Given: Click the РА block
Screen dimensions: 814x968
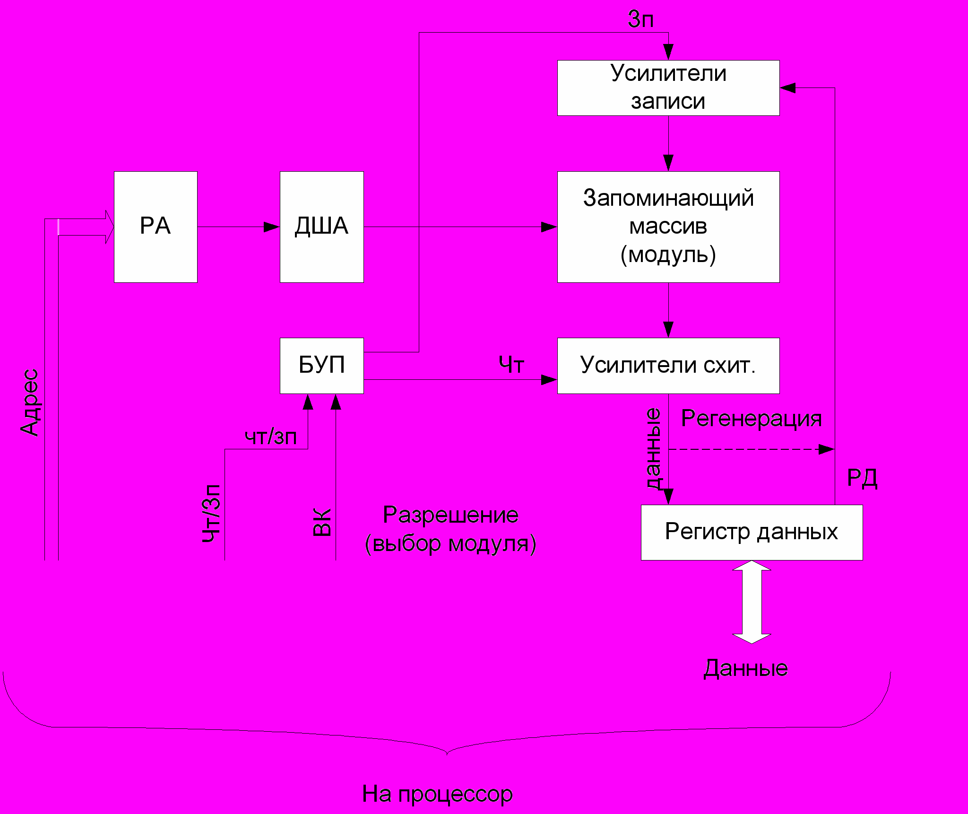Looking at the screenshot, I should tap(156, 227).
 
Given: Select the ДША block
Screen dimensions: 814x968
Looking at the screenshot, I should tap(321, 227).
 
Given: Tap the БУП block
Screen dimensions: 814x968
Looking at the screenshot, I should tap(321, 365).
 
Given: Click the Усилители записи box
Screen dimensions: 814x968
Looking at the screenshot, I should tap(668, 88).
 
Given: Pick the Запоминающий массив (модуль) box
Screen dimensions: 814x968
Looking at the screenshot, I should tap(668, 227).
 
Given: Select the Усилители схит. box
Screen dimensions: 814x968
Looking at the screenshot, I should tap(668, 365).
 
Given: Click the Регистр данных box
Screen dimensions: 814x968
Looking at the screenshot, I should tap(751, 532).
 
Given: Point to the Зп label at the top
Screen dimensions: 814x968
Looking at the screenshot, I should tap(640, 19).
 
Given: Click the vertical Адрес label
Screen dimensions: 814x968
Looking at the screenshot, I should tap(30, 402).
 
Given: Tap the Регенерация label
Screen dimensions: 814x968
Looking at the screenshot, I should tap(751, 419).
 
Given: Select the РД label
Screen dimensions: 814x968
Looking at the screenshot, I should tap(862, 478).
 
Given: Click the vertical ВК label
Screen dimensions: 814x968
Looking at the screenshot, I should tap(322, 522).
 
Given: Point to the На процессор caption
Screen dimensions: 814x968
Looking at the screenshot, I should tap(437, 794).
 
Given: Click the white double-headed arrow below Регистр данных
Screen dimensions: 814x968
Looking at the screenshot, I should tap(752, 602).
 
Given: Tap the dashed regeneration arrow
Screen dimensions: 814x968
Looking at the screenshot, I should tap(751, 449).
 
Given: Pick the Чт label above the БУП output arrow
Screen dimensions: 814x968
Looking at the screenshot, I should tap(511, 365).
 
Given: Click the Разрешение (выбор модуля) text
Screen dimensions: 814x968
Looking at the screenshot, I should tap(450, 529).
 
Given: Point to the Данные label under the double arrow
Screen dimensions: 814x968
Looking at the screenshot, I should tap(746, 668).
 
